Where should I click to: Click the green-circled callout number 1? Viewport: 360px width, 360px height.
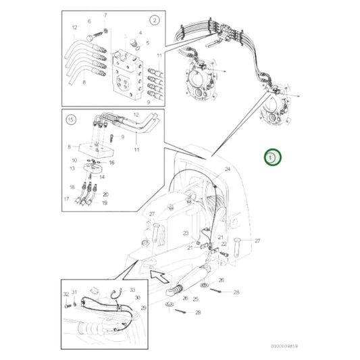[x=272, y=157]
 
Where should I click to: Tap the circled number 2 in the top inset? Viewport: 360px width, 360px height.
[x=154, y=21]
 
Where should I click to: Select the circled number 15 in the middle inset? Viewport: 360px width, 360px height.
[x=70, y=120]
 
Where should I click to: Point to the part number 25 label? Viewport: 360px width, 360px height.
[x=195, y=298]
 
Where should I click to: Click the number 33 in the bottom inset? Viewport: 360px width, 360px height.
[x=132, y=290]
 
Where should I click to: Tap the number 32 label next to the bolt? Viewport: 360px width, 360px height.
[x=66, y=294]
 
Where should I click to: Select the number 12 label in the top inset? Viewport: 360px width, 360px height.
[x=75, y=28]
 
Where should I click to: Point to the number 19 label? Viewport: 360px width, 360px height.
[x=104, y=202]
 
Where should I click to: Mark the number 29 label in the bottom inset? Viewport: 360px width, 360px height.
[x=143, y=307]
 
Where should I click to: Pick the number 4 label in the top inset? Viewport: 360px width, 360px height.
[x=140, y=32]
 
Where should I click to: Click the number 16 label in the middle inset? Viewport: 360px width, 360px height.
[x=111, y=163]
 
